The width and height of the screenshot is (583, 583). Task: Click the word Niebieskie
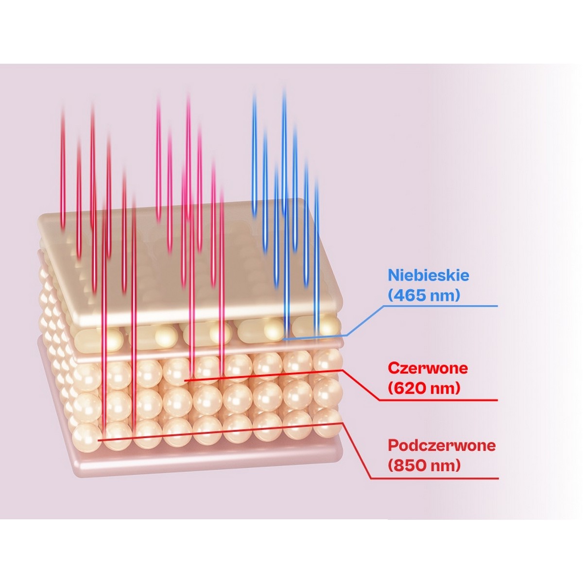click(429, 275)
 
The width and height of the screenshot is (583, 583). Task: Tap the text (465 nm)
click(424, 295)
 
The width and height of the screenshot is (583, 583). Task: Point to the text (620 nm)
click(424, 388)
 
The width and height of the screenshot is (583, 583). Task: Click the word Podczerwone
click(442, 446)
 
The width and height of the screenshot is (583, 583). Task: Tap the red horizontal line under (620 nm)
click(438, 400)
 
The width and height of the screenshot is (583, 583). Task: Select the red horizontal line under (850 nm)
click(434, 479)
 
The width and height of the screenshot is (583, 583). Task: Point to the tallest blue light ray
click(285, 212)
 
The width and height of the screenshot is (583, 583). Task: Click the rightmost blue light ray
click(316, 257)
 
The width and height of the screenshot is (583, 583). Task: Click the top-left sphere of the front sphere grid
click(87, 377)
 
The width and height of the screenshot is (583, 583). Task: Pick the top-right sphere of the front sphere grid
click(327, 361)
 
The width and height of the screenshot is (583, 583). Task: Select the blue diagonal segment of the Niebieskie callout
click(365, 321)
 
